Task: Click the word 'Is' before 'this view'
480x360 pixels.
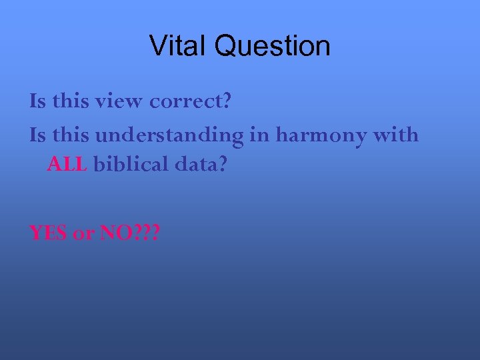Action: [37, 101]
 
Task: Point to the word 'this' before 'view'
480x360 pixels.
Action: [70, 101]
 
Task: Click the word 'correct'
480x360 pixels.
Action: [186, 102]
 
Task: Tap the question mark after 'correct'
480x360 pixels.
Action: [227, 101]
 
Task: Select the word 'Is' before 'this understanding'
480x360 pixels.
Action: [37, 135]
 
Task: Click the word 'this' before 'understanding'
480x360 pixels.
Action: [70, 135]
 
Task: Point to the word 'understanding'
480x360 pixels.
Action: [169, 136]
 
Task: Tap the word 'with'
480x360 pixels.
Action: [396, 135]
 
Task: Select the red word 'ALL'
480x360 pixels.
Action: [67, 164]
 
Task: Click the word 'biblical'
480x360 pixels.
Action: [131, 164]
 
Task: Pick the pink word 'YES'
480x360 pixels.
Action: [49, 233]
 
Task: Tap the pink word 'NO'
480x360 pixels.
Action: [115, 233]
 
